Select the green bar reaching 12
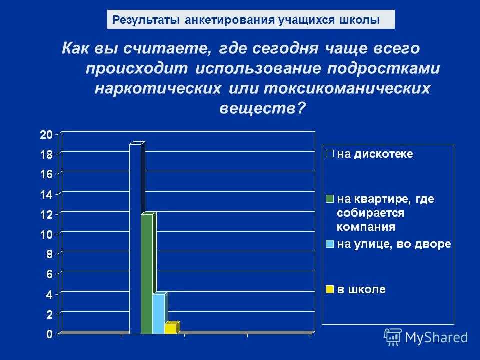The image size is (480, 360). [x=147, y=274]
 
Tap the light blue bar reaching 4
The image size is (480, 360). [x=159, y=314]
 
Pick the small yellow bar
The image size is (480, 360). [x=171, y=328]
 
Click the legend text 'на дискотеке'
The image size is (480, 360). [x=375, y=154]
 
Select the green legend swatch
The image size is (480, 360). [x=330, y=199]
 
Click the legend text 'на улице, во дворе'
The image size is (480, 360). [x=394, y=244]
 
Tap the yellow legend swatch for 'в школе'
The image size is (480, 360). [x=330, y=289]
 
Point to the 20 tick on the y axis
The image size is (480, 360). [x=46, y=134]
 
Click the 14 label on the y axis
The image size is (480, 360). [x=46, y=194]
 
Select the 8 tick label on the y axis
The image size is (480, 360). [x=49, y=254]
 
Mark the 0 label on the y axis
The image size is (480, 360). [x=49, y=334]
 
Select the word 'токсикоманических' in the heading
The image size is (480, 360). [x=347, y=89]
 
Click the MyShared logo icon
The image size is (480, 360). [x=393, y=337]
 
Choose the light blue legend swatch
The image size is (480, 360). [x=330, y=244]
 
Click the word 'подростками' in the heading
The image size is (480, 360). [x=383, y=69]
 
